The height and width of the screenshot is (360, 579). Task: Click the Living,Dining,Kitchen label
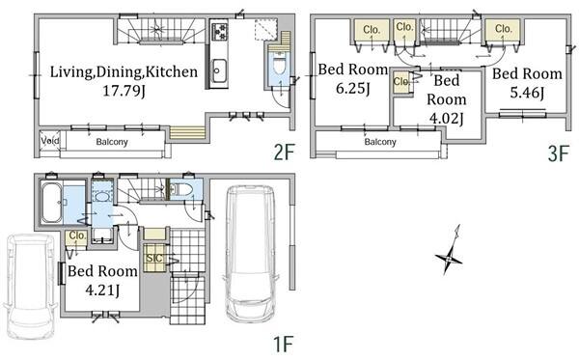(124, 72)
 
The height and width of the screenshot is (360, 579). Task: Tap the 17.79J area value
(124, 91)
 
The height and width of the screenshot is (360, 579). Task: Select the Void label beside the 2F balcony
(50, 141)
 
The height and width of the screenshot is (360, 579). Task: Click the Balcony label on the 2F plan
(112, 142)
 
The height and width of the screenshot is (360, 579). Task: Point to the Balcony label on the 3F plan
(380, 142)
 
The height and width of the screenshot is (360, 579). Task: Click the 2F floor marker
(284, 152)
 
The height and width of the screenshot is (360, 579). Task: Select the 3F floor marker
(558, 153)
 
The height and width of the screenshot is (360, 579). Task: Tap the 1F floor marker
(283, 345)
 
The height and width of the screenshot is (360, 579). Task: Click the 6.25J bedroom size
(353, 88)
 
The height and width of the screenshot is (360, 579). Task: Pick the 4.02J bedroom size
(447, 119)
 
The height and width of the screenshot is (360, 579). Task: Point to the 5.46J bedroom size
(527, 93)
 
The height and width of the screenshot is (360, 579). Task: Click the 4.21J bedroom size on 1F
(102, 291)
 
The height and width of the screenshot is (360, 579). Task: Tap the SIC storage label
(154, 258)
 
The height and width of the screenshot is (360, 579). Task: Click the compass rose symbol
(450, 255)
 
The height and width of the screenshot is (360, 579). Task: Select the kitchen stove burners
(219, 31)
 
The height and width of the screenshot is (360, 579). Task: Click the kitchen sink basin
(218, 69)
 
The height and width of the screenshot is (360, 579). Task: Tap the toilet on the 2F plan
(280, 65)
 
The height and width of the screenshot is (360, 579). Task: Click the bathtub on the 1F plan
(52, 203)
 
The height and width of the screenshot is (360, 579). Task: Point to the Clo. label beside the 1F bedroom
(77, 235)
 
